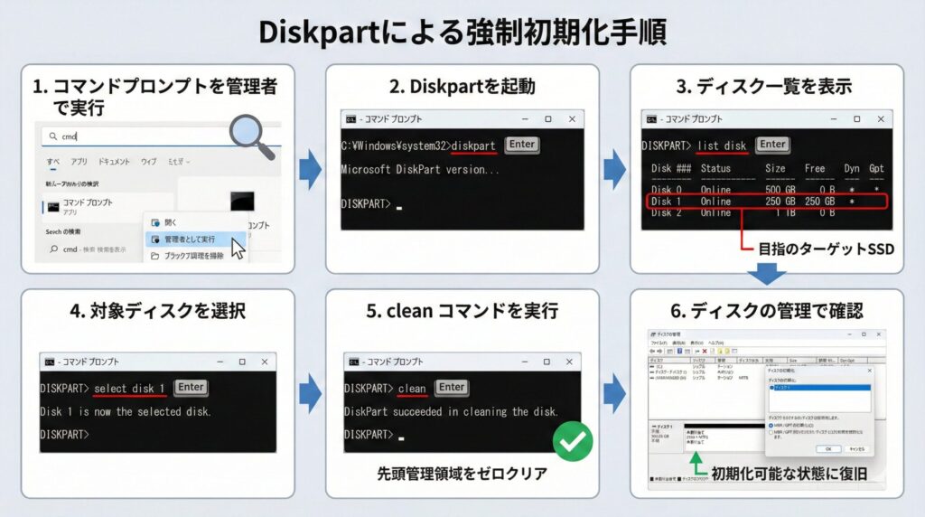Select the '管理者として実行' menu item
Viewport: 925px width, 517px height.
[189, 239]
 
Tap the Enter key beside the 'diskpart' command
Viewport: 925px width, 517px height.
[521, 145]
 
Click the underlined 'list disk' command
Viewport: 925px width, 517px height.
[722, 146]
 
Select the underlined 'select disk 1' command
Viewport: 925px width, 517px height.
[129, 388]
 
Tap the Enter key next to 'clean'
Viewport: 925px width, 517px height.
[451, 388]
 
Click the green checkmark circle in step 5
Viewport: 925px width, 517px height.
[572, 442]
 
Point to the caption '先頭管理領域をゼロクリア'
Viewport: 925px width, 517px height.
[462, 473]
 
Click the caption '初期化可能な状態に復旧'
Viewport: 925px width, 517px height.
[792, 474]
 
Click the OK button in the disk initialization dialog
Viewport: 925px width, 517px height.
[828, 448]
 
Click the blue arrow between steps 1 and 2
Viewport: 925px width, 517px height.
[310, 169]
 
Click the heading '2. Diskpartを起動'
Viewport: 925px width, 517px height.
[462, 87]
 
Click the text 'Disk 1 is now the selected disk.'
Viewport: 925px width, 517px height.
[125, 411]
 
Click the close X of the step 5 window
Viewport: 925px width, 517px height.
[569, 362]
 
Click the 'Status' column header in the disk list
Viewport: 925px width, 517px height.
[715, 168]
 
